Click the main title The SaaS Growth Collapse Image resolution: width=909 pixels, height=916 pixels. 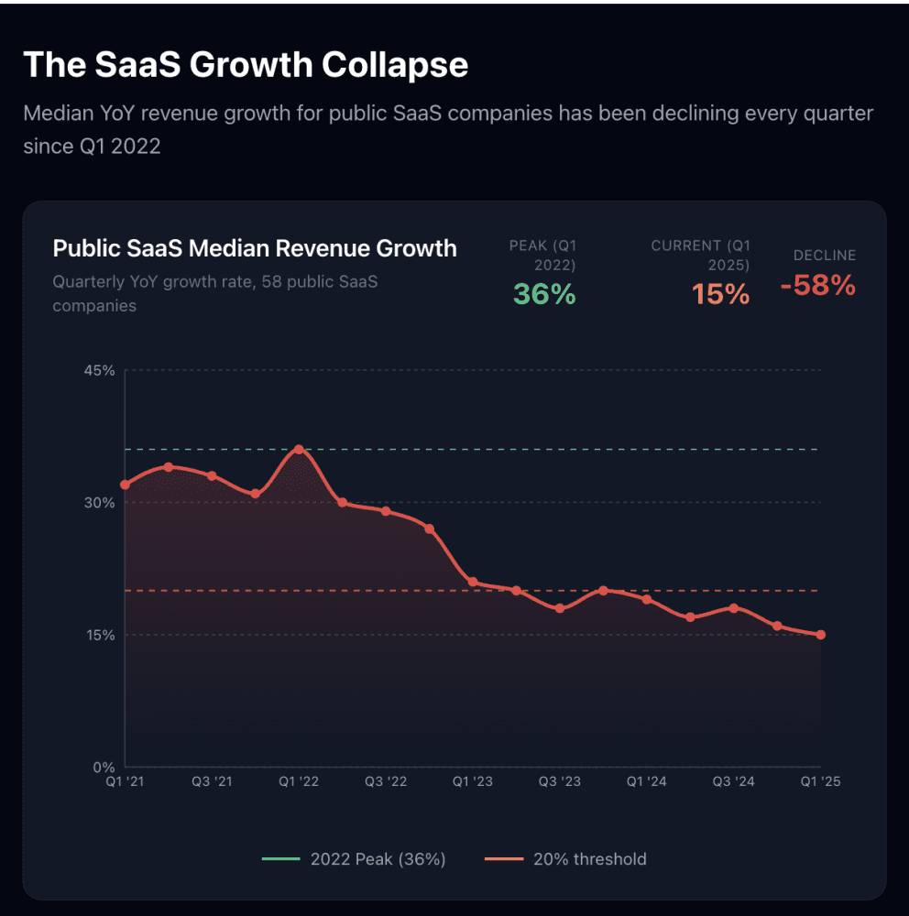pyautogui.click(x=245, y=65)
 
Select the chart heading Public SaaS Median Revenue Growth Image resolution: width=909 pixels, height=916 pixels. pyautogui.click(x=254, y=248)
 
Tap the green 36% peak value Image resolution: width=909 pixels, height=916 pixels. pyautogui.click(x=544, y=294)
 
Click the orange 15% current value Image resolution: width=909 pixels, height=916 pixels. pyautogui.click(x=720, y=294)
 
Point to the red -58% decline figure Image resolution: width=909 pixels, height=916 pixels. pyautogui.click(x=817, y=286)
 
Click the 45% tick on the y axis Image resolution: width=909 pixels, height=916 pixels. pyautogui.click(x=100, y=371)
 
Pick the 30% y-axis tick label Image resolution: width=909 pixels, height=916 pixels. pyautogui.click(x=100, y=503)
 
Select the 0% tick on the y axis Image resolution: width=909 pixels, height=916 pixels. pyautogui.click(x=104, y=767)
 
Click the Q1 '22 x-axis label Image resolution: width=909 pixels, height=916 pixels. pyautogui.click(x=298, y=781)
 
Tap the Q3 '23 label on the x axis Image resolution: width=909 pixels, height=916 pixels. pyautogui.click(x=559, y=781)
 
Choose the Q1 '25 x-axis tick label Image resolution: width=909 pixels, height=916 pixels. pyautogui.click(x=820, y=781)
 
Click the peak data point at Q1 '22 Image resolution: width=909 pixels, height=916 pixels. pyautogui.click(x=299, y=450)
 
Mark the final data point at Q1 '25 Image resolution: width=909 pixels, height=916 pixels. pyautogui.click(x=821, y=635)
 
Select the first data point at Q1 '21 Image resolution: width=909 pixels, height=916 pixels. pyautogui.click(x=125, y=485)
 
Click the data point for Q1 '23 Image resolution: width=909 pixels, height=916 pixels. pyautogui.click(x=473, y=583)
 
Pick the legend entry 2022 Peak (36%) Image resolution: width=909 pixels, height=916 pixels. pyautogui.click(x=354, y=859)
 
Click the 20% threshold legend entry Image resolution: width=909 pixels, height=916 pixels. pyautogui.click(x=565, y=859)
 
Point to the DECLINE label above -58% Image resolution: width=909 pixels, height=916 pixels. pyautogui.click(x=824, y=256)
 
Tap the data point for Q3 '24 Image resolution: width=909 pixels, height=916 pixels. pyautogui.click(x=734, y=608)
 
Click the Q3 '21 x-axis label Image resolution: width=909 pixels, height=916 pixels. pyautogui.click(x=211, y=781)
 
